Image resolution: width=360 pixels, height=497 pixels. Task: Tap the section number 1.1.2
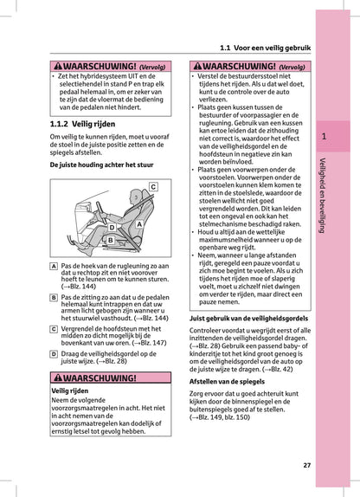point(63,124)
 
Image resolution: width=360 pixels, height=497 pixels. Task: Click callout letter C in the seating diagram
point(152,186)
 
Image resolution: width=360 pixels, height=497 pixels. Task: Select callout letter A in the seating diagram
point(139,223)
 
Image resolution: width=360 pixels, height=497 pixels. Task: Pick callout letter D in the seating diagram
point(112,229)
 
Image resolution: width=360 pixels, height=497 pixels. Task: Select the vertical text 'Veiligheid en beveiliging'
point(323,195)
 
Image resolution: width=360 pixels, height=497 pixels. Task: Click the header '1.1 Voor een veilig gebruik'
point(264,48)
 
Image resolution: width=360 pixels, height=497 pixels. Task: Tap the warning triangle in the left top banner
point(57,65)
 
